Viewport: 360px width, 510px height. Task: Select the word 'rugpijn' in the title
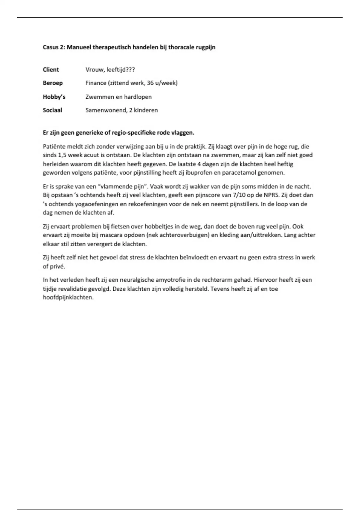(205, 47)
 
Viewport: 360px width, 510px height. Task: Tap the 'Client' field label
(51, 70)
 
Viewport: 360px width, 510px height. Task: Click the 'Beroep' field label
(52, 83)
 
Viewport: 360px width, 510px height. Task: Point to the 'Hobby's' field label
(54, 97)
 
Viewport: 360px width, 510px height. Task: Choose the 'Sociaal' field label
(52, 110)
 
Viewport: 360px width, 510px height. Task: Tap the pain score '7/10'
(239, 195)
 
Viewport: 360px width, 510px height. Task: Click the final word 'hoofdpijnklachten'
(68, 298)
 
